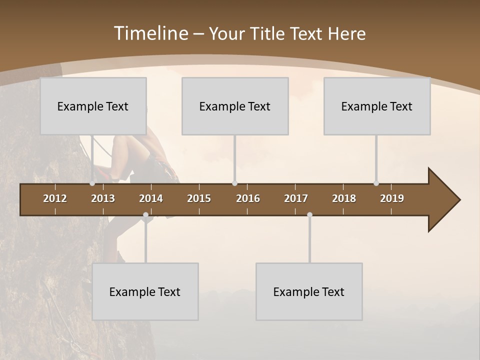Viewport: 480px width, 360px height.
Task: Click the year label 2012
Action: coord(55,198)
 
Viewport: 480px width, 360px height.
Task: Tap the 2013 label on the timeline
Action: coord(103,198)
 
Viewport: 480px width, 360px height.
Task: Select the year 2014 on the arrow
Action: coord(151,198)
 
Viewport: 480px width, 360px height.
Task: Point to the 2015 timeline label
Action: coord(199,198)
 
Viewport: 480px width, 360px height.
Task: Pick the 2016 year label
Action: coord(248,198)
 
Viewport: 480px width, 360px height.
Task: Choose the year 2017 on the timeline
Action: coord(296,198)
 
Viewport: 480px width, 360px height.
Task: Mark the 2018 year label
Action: coord(344,198)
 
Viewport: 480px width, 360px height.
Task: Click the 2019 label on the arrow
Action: coord(392,198)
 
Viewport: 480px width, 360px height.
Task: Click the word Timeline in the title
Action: coord(151,33)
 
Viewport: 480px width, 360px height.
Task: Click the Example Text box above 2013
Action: coord(93,106)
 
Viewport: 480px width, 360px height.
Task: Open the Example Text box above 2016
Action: coord(235,106)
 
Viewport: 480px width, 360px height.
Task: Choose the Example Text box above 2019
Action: coord(377,106)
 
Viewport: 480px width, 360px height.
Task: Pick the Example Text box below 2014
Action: coord(145,291)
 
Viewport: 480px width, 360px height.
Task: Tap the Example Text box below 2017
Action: coord(309,291)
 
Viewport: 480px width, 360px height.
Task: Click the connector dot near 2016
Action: coord(235,183)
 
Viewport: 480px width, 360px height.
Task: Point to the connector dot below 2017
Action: coord(309,215)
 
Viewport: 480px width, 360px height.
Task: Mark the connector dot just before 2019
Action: coord(376,183)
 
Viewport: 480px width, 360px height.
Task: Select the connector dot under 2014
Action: coord(145,215)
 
